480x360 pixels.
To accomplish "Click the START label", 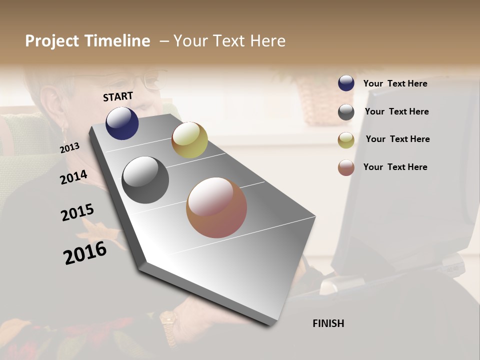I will [118, 96].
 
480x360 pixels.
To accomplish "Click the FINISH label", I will [328, 323].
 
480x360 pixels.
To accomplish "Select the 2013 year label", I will [69, 148].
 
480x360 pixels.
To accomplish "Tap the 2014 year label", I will [73, 177].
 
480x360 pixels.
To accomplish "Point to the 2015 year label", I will [77, 212].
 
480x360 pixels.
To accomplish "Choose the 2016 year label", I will [85, 252].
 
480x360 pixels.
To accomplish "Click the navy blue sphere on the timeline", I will [122, 123].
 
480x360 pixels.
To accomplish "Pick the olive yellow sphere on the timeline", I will [189, 140].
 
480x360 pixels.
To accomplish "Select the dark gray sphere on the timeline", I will [145, 180].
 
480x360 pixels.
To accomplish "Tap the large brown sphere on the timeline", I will [216, 207].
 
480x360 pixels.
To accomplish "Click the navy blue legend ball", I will [346, 83].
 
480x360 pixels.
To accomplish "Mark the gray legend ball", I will [346, 112].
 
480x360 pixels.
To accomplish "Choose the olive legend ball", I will [346, 140].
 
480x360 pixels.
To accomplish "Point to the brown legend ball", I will [346, 167].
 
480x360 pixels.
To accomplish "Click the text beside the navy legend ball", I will [395, 83].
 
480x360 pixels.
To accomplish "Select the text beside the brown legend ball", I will [395, 167].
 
